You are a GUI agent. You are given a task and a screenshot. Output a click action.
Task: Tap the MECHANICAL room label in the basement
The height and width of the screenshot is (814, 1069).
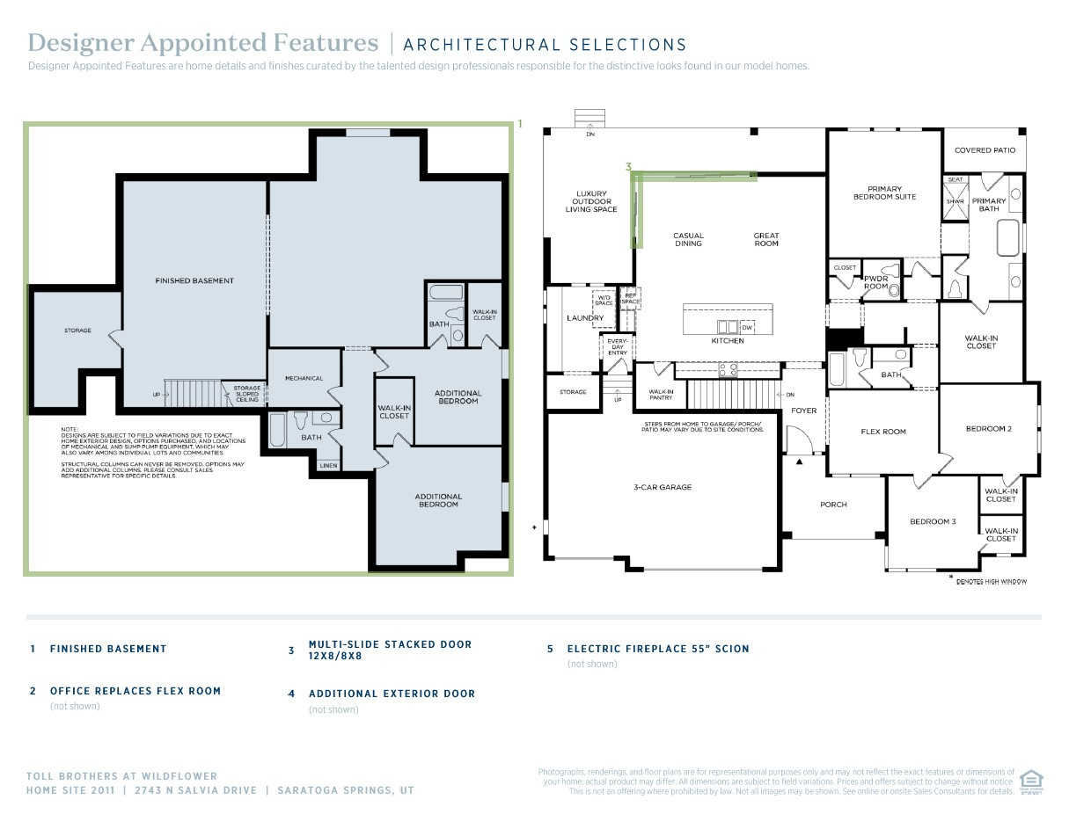pos(304,378)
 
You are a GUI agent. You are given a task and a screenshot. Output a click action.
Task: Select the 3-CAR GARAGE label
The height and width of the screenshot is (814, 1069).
pos(663,486)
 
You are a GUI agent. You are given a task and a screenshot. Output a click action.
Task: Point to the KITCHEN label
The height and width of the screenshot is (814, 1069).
pos(728,341)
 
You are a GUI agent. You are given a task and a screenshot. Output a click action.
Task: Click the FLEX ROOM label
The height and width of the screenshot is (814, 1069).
pos(882,432)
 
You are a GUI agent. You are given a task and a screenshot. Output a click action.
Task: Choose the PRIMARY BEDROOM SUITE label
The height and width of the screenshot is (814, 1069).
pos(884,193)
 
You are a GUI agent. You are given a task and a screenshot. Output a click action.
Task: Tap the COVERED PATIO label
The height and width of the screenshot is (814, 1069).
pos(985,150)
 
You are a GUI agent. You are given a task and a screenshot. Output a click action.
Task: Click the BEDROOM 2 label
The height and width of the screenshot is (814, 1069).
pos(988,429)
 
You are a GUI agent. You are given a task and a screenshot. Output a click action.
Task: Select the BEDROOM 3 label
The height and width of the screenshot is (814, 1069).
pos(933,521)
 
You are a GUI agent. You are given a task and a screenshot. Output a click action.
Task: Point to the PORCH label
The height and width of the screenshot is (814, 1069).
pos(833,505)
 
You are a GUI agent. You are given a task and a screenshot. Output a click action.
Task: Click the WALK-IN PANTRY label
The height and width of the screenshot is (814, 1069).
pos(661,395)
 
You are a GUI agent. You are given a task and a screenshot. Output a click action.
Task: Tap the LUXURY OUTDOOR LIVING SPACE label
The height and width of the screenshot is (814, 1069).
pos(591,202)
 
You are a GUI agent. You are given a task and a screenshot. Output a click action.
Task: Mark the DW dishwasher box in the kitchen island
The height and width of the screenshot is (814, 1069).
pos(746,327)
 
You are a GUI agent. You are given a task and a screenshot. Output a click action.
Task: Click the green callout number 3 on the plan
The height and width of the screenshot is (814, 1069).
pos(628,166)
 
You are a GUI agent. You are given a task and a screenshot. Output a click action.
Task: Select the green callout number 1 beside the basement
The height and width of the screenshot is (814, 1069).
pos(520,124)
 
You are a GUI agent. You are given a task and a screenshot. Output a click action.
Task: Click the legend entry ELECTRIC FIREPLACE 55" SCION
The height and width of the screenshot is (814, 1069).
pos(658,649)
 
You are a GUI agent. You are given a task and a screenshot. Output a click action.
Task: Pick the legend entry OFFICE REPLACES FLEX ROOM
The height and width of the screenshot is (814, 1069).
pos(135,691)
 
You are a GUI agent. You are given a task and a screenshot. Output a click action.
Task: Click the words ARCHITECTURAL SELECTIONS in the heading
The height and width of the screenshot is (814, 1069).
pos(545,45)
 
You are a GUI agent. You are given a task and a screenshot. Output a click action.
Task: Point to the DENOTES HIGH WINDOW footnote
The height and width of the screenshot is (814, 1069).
pos(991,581)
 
